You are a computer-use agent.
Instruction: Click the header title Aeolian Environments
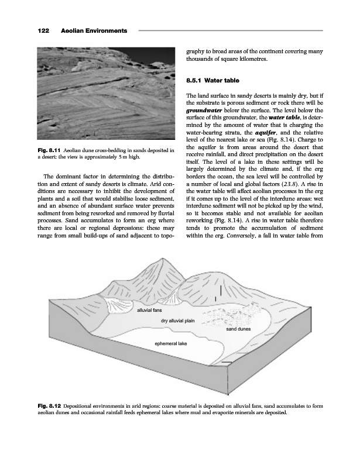[94, 29]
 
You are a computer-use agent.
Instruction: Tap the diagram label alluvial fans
[149, 310]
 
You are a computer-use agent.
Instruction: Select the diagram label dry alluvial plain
[177, 321]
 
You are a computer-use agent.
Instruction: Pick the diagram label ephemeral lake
[170, 343]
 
